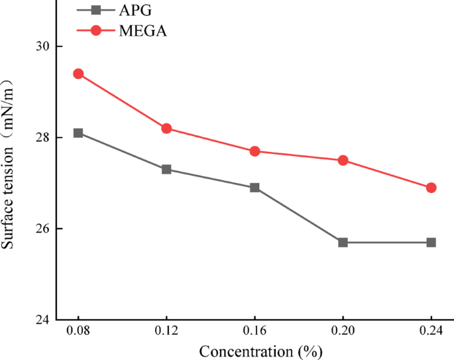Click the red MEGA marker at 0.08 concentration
(78, 74)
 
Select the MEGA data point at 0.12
(166, 128)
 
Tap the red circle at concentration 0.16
(255, 151)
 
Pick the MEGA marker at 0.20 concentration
(343, 160)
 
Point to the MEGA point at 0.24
(431, 188)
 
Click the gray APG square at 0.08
(78, 133)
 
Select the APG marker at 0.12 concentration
(166, 169)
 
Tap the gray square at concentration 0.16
(255, 188)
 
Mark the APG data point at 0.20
(343, 242)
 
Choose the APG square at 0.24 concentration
(431, 242)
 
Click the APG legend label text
(137, 10)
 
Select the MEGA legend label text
(143, 31)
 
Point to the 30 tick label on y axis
(45, 46)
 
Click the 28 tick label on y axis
(45, 137)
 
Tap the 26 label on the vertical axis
(45, 229)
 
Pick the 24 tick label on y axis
(45, 320)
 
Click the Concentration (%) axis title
(255, 351)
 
